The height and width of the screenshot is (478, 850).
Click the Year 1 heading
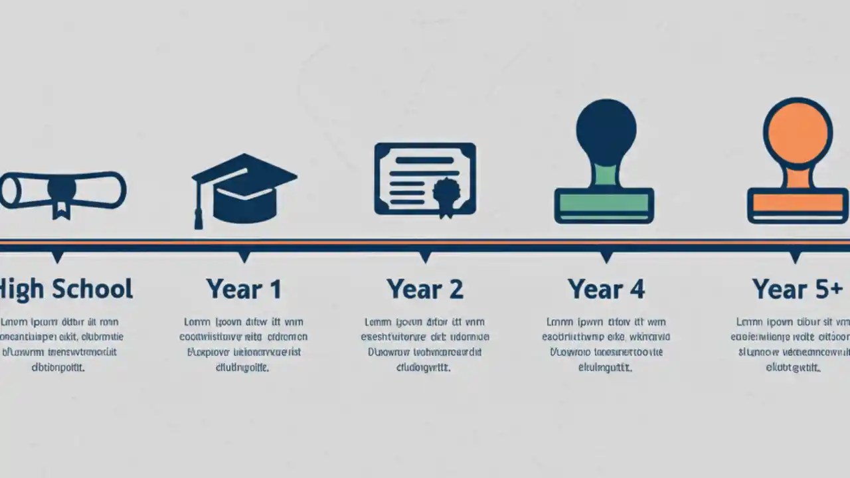tap(244, 289)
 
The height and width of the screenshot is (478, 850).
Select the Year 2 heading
tap(425, 289)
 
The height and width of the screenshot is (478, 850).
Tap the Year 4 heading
tap(606, 289)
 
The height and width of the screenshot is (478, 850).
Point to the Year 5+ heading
tap(797, 289)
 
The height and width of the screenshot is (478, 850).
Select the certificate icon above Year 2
tap(425, 179)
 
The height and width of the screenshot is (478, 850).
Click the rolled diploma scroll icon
tap(63, 191)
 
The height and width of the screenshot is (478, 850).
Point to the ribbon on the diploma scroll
tap(62, 199)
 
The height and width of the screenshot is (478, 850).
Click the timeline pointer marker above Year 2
tap(425, 256)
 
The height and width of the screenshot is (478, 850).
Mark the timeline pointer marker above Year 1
tap(244, 256)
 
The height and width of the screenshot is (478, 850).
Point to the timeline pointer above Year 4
tap(606, 256)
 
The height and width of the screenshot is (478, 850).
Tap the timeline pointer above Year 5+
tap(795, 256)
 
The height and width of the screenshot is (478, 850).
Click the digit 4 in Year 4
tap(636, 289)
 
